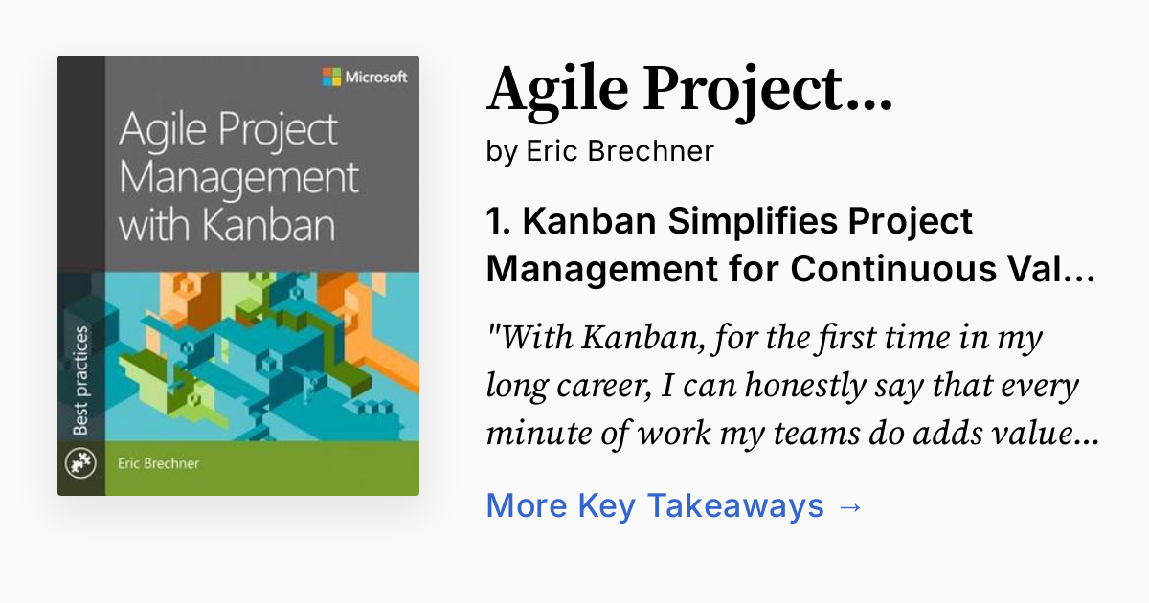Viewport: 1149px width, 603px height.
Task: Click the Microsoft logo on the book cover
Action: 331,78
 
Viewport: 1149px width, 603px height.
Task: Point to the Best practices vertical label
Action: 80,380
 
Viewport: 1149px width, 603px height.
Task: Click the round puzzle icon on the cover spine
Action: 79,464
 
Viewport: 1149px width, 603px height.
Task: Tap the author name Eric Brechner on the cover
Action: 159,464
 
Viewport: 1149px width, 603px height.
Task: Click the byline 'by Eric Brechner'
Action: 600,151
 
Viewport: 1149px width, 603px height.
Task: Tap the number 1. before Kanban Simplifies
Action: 499,221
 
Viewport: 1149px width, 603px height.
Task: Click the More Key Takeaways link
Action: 654,505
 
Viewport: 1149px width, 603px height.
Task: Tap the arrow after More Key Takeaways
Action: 849,505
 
